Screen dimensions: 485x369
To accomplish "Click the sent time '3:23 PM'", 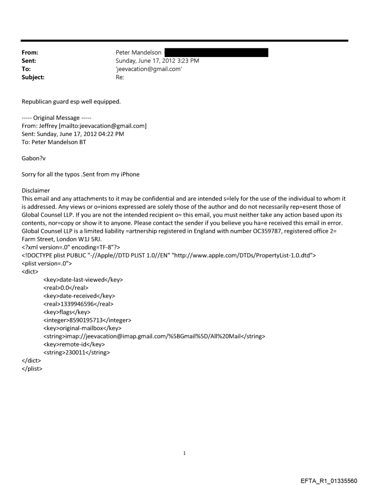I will (187, 61).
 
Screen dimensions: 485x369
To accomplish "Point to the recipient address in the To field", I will (149, 69).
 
